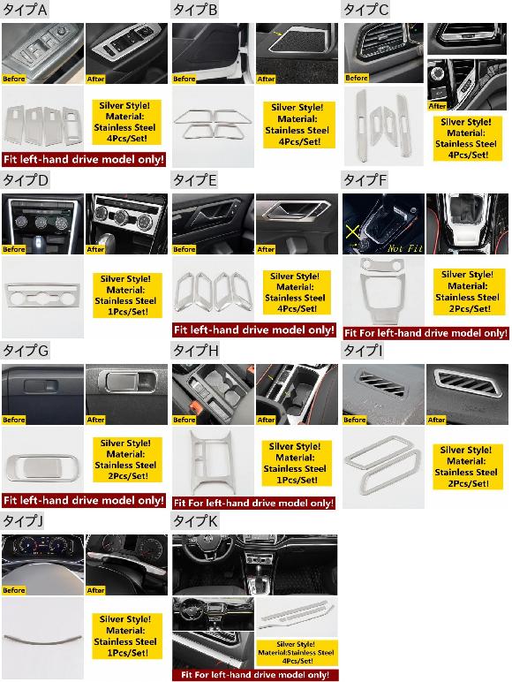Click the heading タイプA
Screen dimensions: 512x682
(x=25, y=10)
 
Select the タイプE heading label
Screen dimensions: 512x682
(x=195, y=180)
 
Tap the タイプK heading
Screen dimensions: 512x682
(x=195, y=521)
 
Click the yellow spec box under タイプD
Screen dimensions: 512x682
(x=127, y=295)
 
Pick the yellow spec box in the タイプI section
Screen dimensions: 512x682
(x=468, y=466)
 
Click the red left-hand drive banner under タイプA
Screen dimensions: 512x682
(x=84, y=159)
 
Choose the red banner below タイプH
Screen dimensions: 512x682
(x=254, y=503)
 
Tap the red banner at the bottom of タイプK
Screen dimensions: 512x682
(x=255, y=675)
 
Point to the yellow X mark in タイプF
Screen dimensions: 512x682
(x=352, y=231)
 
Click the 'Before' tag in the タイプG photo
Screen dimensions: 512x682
(x=14, y=420)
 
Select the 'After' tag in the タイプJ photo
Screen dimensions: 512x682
(x=95, y=590)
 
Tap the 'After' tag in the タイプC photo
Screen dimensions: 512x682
(x=437, y=106)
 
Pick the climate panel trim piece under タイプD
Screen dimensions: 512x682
(x=42, y=296)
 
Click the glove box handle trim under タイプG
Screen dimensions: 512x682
(x=42, y=467)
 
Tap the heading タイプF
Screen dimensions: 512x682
(x=365, y=180)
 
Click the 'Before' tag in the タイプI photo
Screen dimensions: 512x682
(x=355, y=420)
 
